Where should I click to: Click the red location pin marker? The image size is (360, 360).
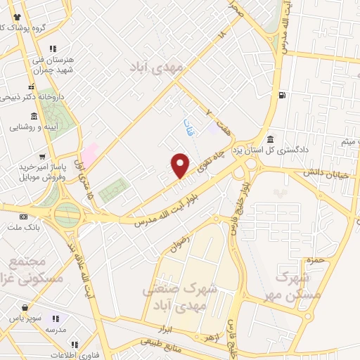181,165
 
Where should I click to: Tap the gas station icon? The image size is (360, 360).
282,95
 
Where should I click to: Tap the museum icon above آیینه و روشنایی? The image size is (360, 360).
34,117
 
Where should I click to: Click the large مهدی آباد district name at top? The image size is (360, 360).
156,68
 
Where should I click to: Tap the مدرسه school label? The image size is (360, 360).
56,329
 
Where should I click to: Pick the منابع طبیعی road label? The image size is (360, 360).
161,345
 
